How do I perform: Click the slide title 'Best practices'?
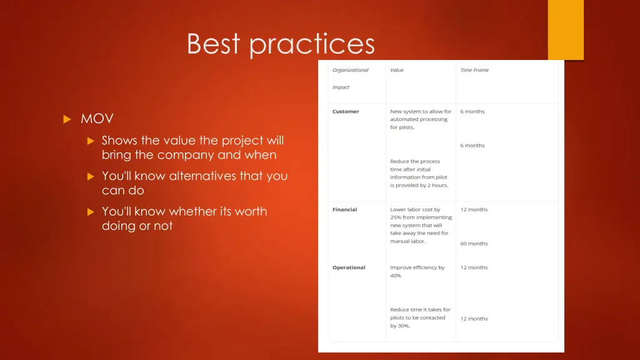pyautogui.click(x=281, y=44)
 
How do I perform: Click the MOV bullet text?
pyautogui.click(x=97, y=119)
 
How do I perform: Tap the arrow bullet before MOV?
pyautogui.click(x=67, y=119)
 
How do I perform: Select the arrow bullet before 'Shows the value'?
pyautogui.click(x=90, y=141)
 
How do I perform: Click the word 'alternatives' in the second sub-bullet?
pyautogui.click(x=202, y=176)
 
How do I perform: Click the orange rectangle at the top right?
pyautogui.click(x=565, y=29)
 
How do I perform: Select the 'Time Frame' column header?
pyautogui.click(x=474, y=70)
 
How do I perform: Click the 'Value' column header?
pyautogui.click(x=397, y=70)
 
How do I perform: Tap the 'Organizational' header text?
pyautogui.click(x=350, y=70)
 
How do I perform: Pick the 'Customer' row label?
pyautogui.click(x=346, y=111)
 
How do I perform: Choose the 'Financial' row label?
pyautogui.click(x=344, y=209)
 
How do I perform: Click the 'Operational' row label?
pyautogui.click(x=348, y=267)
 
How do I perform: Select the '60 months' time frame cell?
pyautogui.click(x=474, y=244)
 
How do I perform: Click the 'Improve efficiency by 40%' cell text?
pyautogui.click(x=417, y=271)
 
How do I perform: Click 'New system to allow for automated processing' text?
pyautogui.click(x=420, y=119)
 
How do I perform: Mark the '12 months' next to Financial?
pyautogui.click(x=474, y=209)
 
